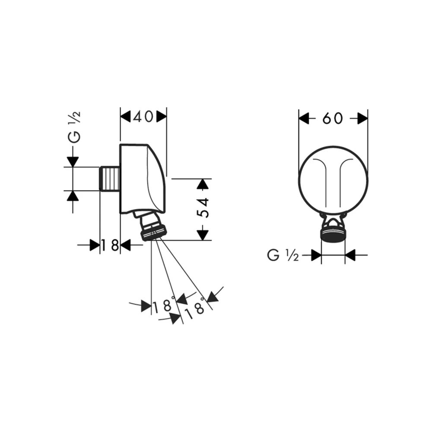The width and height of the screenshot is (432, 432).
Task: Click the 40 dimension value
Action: click(143, 117)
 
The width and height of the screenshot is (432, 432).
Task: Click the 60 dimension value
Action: click(333, 118)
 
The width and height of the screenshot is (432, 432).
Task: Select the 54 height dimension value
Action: click(203, 207)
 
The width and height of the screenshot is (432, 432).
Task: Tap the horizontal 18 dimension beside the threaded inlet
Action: click(110, 245)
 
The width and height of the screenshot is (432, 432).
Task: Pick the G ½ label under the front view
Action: click(283, 255)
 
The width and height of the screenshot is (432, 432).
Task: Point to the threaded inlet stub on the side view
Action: click(110, 178)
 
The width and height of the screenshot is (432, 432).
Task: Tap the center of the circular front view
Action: click(333, 181)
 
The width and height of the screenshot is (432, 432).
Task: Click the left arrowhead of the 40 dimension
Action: click(126, 117)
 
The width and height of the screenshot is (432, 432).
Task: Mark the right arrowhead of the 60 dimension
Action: click(362, 118)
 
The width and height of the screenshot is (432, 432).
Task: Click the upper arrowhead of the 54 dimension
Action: click(203, 184)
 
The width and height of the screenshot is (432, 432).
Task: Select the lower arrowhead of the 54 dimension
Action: click(203, 235)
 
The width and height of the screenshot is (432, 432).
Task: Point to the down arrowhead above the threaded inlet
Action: click(73, 162)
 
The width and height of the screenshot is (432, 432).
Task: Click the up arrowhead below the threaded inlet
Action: click(73, 196)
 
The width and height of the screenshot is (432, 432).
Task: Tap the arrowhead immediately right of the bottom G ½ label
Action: click(316, 255)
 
